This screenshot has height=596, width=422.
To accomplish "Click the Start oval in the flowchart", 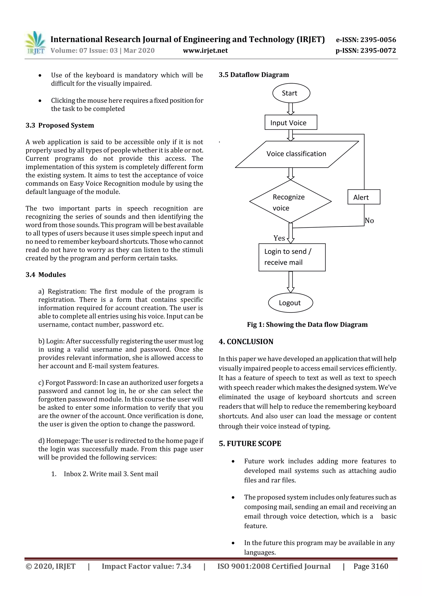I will point(291,93).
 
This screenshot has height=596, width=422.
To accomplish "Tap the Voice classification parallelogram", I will point(297,154).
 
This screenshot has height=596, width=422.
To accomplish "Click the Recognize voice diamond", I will point(290,202).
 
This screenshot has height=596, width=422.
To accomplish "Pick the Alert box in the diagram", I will point(363,197).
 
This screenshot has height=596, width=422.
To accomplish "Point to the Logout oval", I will point(290,303).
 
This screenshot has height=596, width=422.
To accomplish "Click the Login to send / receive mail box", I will point(292,257).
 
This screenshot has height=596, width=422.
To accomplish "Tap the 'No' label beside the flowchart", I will point(369,221).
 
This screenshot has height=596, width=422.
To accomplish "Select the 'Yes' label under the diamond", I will point(279,238).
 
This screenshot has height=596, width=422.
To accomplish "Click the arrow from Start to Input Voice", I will point(291,108).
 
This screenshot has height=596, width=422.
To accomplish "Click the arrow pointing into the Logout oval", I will point(291,282).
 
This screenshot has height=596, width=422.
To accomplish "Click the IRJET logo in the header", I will point(36,43).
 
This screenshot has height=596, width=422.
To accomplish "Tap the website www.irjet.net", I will point(205,51).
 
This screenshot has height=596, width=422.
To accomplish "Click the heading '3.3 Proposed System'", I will point(60,125).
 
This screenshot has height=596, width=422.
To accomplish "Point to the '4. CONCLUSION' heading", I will point(246,342).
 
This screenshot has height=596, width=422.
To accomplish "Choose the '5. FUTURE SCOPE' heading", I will point(250,444).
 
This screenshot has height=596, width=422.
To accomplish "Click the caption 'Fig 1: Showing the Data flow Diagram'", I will point(307,324).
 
